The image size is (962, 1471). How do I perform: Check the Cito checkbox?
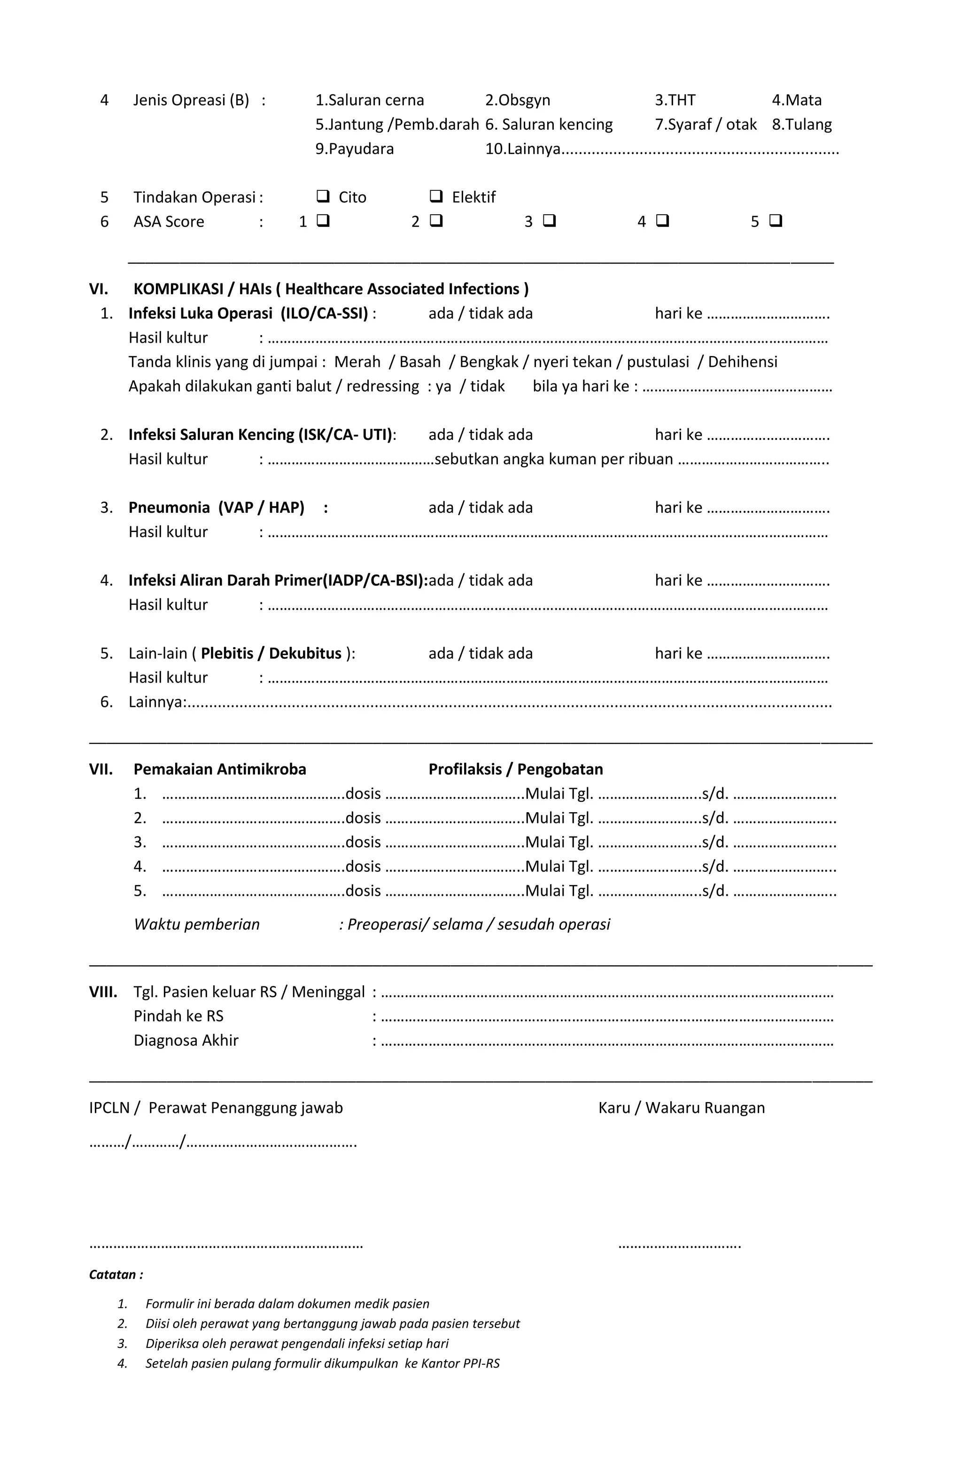click(x=323, y=196)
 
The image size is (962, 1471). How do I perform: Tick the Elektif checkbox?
click(x=435, y=196)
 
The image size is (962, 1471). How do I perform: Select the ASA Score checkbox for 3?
click(x=549, y=221)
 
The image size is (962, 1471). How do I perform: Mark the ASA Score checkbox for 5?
click(x=776, y=221)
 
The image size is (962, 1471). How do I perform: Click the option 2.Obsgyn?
click(x=517, y=100)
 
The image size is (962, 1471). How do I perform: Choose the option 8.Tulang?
click(x=801, y=124)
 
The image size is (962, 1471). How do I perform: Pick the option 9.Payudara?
click(x=355, y=149)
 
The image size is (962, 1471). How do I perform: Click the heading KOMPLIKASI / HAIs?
click(x=331, y=289)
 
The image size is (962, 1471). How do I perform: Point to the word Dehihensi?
click(x=742, y=361)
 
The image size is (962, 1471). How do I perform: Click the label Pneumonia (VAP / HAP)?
click(x=216, y=508)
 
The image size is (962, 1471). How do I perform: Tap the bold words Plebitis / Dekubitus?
click(x=271, y=653)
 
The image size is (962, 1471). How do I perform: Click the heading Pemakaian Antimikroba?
click(x=219, y=769)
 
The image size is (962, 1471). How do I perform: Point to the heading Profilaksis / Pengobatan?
click(x=515, y=769)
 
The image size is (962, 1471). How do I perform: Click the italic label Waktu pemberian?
click(x=196, y=924)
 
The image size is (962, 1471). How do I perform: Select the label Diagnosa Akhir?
click(x=186, y=1040)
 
